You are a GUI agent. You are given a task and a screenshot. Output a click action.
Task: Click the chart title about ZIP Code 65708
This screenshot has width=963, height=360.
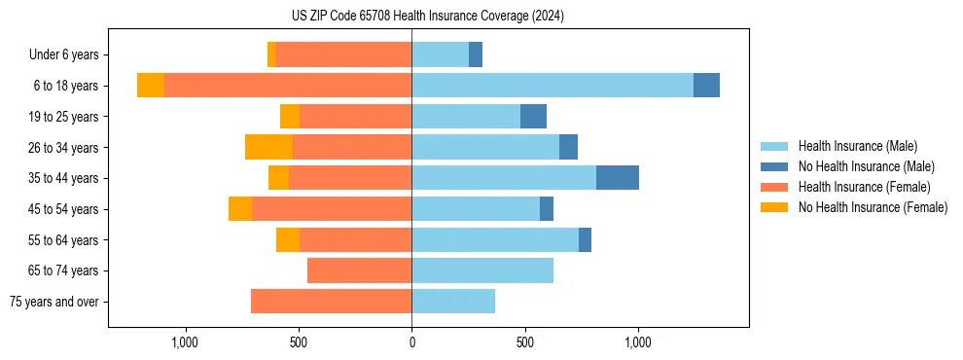[427, 17]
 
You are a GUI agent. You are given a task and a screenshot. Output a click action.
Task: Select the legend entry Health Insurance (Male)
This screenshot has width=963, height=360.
[857, 146]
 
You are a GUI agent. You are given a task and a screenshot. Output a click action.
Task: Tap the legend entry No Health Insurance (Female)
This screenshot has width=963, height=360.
[873, 207]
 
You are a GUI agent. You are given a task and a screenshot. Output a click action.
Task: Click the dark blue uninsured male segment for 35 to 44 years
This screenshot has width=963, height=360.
[618, 178]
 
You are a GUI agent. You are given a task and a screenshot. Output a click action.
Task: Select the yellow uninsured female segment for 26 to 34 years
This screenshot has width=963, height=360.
[268, 147]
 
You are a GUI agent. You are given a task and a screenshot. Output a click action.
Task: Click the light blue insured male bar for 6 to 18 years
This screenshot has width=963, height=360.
[553, 86]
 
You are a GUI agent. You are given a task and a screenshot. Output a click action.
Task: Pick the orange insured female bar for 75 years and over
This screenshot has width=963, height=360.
[331, 302]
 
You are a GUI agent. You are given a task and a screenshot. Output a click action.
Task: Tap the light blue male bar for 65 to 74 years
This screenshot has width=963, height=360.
[482, 270]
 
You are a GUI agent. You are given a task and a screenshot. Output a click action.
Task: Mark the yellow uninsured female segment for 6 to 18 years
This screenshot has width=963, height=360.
[151, 86]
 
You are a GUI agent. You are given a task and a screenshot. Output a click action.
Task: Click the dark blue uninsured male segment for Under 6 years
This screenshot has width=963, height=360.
[476, 55]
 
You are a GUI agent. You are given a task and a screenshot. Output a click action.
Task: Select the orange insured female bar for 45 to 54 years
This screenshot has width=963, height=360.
[332, 209]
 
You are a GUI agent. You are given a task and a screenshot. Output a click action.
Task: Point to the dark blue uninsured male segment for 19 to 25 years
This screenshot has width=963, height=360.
[533, 117]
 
